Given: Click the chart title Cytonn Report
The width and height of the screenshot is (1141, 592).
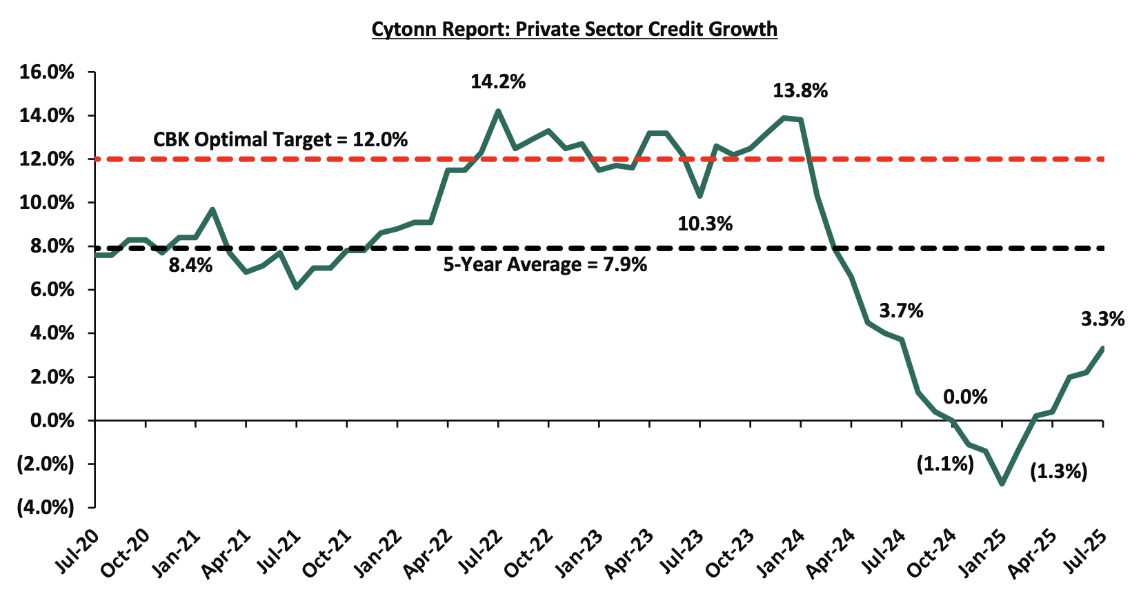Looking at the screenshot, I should (574, 29).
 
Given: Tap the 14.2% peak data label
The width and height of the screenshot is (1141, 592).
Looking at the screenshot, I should (498, 82).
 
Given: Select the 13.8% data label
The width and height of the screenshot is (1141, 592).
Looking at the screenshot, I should (800, 91).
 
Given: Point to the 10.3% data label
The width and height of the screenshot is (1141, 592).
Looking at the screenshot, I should (705, 224).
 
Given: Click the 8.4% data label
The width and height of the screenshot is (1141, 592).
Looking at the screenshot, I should (190, 264).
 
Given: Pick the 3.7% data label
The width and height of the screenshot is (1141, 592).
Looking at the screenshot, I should (901, 310).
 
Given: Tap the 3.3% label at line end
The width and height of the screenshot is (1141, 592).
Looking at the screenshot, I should (1102, 319).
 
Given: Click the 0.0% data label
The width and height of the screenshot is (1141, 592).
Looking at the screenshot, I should (965, 397).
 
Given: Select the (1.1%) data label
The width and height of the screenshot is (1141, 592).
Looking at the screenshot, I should (945, 464).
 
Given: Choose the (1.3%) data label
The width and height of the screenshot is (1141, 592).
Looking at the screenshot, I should (1058, 472).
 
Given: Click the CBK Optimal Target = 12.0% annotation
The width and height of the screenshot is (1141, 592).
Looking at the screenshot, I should (280, 139).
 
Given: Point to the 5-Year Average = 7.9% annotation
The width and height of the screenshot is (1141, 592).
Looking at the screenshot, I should (545, 265).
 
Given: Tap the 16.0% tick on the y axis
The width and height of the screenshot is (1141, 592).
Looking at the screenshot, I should (46, 72).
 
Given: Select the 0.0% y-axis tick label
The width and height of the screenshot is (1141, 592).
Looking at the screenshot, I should (52, 420).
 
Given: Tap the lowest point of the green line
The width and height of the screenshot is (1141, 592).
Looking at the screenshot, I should (1002, 484).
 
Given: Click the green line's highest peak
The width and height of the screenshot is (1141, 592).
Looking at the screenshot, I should (498, 110).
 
